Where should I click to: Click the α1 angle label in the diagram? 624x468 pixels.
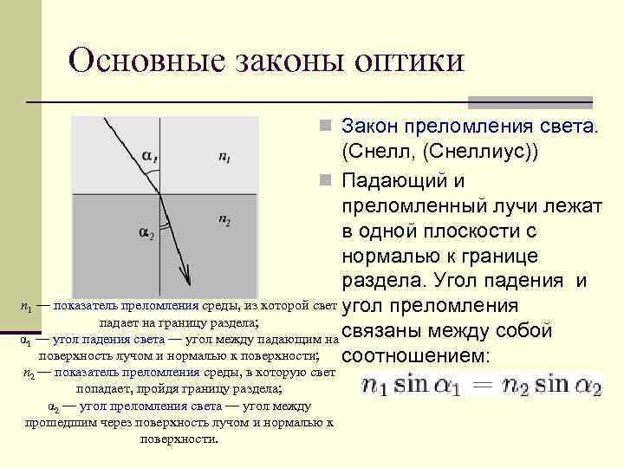coord(151,157)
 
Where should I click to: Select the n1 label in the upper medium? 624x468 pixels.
coord(224,157)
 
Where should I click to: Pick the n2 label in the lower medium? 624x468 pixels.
coord(224,220)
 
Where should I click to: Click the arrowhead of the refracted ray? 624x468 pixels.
coord(186,277)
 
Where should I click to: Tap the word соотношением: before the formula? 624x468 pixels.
coord(417,356)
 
